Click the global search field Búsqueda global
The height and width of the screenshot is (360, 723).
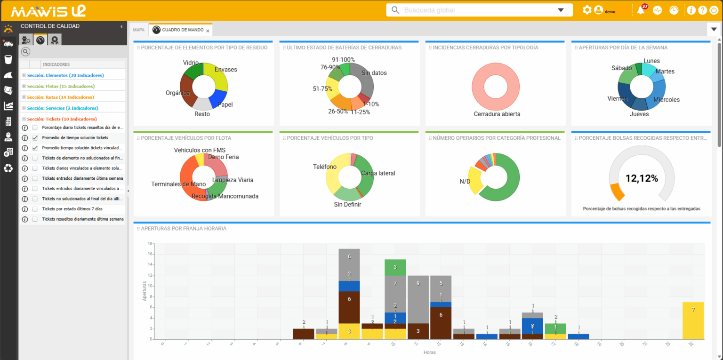click(x=475, y=10)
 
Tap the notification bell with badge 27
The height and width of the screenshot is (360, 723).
click(x=641, y=10)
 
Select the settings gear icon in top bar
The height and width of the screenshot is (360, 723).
click(x=586, y=10)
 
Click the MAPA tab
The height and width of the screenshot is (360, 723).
click(x=139, y=30)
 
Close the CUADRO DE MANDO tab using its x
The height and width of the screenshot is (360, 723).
click(x=208, y=31)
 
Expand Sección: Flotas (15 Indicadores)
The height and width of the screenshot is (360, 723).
click(x=24, y=86)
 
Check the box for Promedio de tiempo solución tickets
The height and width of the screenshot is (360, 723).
click(x=35, y=138)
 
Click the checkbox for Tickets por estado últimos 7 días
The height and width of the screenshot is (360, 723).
click(x=35, y=208)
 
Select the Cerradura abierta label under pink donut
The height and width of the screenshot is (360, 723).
click(x=497, y=114)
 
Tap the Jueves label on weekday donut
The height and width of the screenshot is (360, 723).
click(x=639, y=114)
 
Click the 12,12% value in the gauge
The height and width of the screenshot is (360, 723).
click(x=641, y=178)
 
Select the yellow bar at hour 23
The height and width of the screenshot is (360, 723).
click(x=692, y=320)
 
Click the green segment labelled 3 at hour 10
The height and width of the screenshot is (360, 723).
click(x=395, y=267)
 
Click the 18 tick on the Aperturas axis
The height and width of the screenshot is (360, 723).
click(x=150, y=244)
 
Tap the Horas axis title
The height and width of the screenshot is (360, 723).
click(x=429, y=352)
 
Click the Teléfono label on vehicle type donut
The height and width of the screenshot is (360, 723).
click(x=325, y=167)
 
